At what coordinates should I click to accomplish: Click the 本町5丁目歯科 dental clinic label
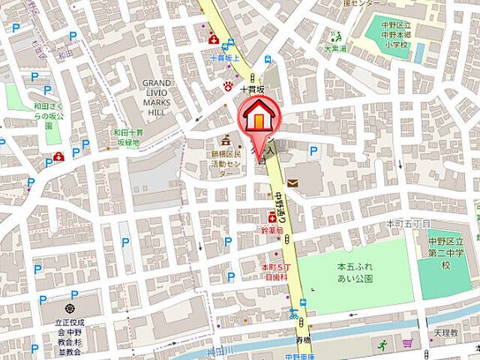274,271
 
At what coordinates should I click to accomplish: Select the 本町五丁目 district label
408,223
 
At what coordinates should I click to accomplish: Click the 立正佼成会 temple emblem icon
70,309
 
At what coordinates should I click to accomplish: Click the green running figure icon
383,346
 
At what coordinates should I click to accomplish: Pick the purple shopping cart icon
407,343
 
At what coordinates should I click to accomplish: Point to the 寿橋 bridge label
302,339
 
